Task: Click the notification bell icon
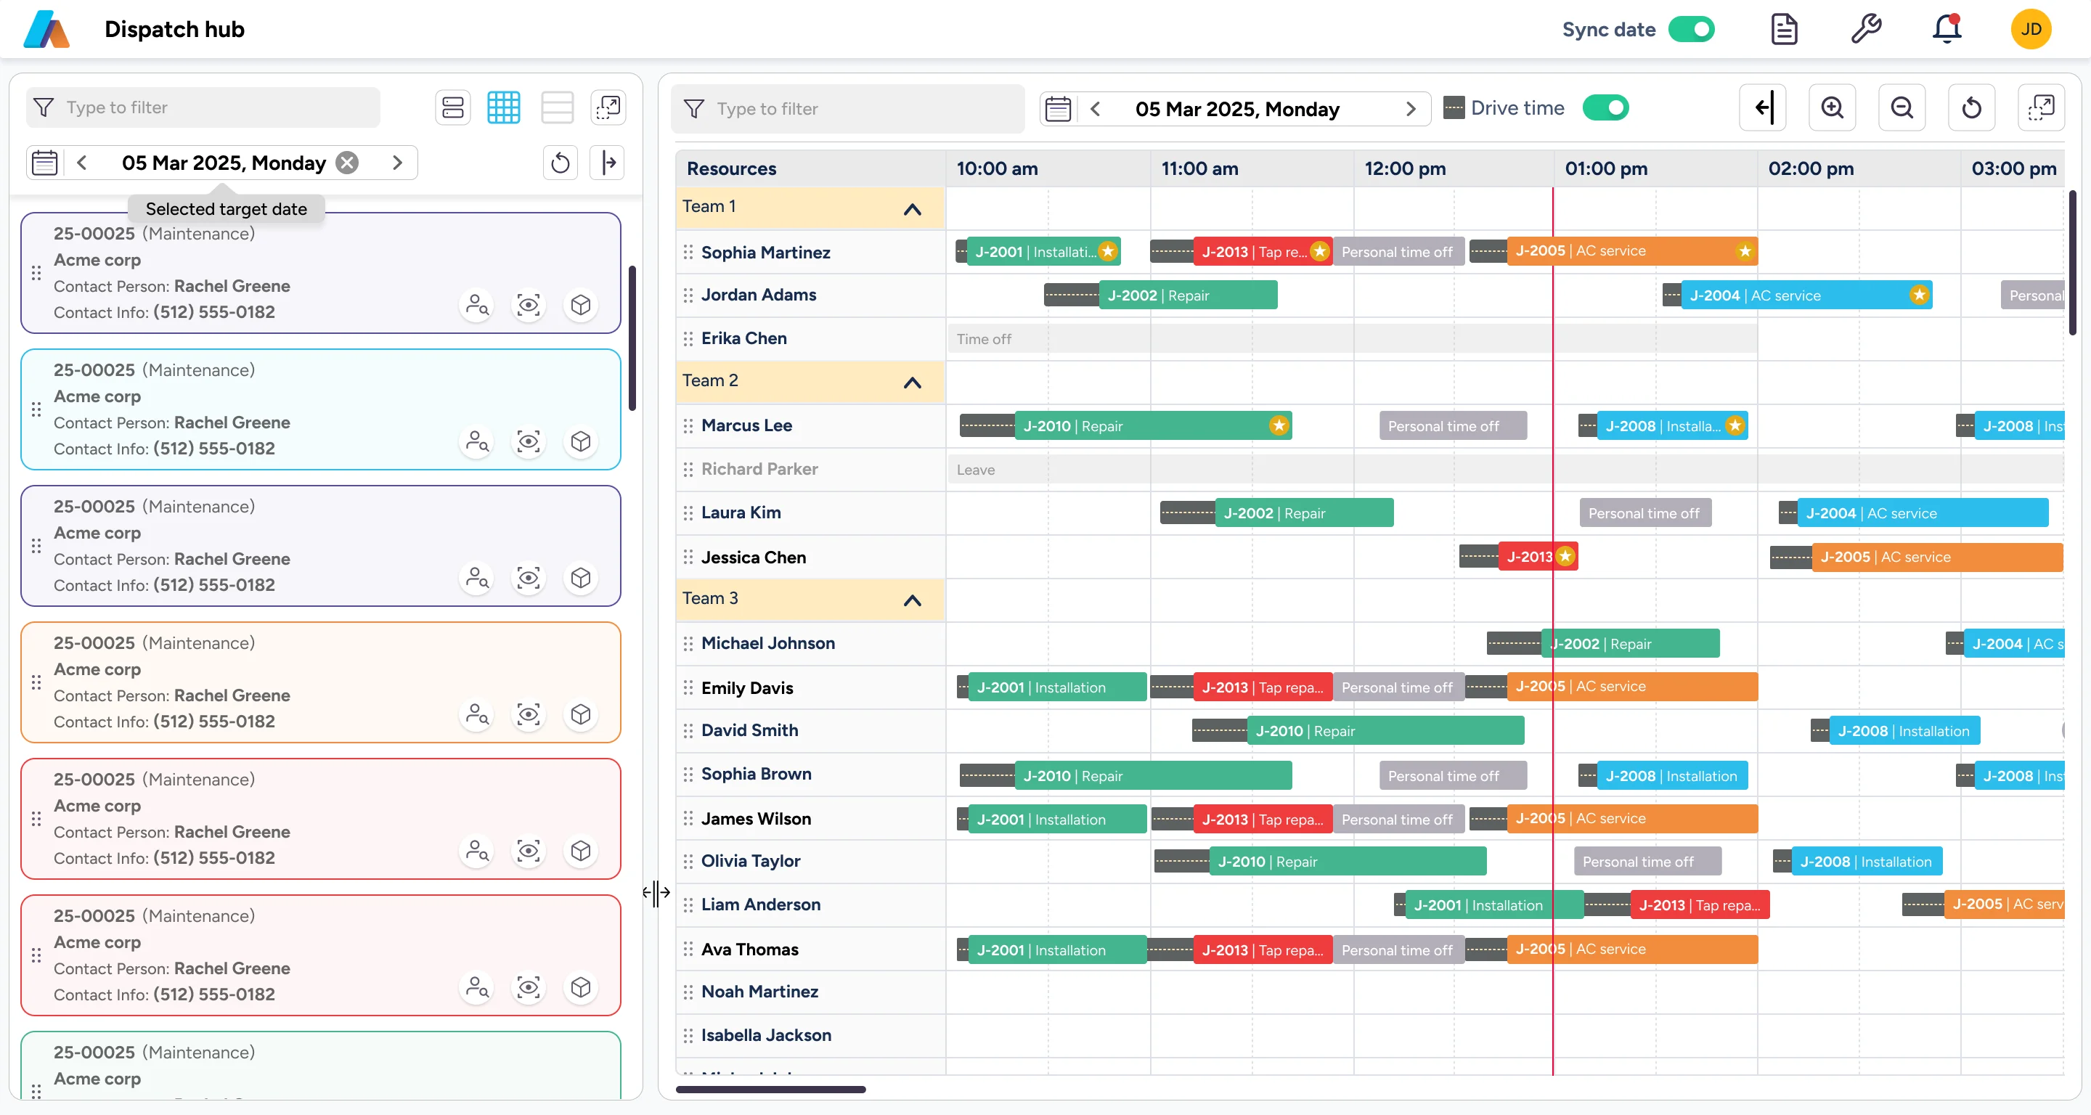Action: point(1946,29)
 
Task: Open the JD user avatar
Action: point(2030,29)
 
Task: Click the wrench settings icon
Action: point(1865,29)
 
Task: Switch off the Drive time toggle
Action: point(1605,108)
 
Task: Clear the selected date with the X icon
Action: point(348,163)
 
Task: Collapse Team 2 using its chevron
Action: point(912,383)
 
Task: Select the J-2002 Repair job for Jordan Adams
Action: point(1187,295)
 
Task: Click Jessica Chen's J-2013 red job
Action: point(1530,557)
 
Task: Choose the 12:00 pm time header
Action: point(1404,169)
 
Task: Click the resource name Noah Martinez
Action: point(759,992)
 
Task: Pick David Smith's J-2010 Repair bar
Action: point(1384,731)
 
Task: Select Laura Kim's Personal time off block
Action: point(1644,514)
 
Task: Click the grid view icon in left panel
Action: point(503,108)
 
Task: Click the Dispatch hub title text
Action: point(174,29)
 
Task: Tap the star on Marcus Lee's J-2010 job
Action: point(1279,426)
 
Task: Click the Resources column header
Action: point(731,169)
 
